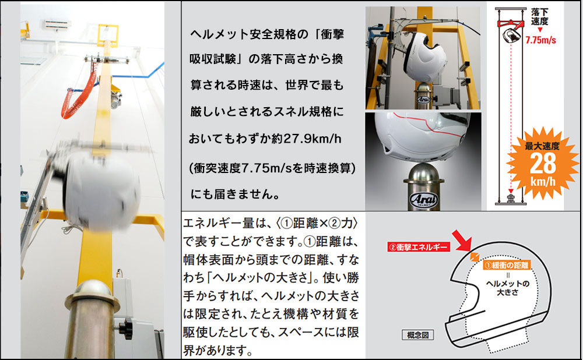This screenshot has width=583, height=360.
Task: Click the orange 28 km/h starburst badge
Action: tap(542, 163)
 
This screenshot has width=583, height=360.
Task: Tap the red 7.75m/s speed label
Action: tap(540, 40)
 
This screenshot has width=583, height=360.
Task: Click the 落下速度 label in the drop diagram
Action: tap(539, 17)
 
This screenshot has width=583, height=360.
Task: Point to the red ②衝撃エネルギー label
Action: tap(419, 246)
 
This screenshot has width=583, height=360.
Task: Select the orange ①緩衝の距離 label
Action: tap(507, 265)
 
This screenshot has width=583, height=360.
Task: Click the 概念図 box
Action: tap(418, 335)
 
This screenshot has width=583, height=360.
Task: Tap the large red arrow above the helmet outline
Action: tap(462, 241)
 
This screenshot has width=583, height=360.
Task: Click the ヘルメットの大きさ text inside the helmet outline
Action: tap(508, 288)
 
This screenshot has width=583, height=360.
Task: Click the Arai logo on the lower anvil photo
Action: tap(423, 200)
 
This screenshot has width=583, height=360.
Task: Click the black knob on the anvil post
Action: tap(126, 327)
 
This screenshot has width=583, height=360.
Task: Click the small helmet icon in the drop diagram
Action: tap(511, 36)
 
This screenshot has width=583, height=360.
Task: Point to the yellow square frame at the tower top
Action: tap(108, 36)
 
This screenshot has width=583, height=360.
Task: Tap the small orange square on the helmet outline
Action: tap(475, 257)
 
